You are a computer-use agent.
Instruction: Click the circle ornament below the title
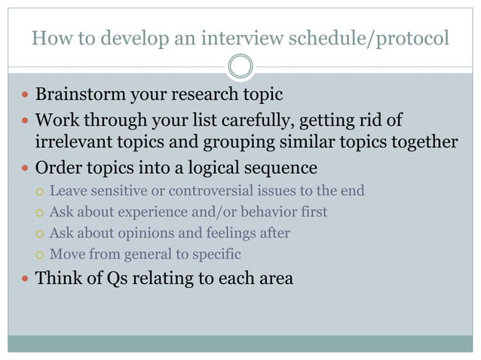(x=240, y=67)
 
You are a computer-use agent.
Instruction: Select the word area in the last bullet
(x=272, y=279)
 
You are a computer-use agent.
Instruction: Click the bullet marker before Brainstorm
(x=26, y=96)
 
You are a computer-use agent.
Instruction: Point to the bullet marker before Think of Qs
(x=26, y=279)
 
